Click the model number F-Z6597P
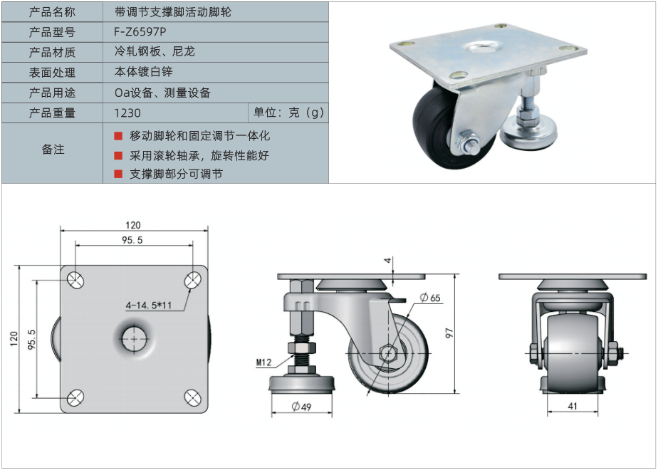140,32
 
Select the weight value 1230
127,113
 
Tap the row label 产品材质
52,52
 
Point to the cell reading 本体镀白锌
144,72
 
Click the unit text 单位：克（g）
288,113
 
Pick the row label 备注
53,149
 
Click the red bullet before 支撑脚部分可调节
118,174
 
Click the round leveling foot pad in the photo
530,132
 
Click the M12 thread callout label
264,362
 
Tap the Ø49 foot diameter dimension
301,406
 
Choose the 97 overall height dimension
449,333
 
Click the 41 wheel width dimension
573,406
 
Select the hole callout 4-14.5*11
149,305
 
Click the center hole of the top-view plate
135,339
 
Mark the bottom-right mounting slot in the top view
192,397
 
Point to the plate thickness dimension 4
389,260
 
